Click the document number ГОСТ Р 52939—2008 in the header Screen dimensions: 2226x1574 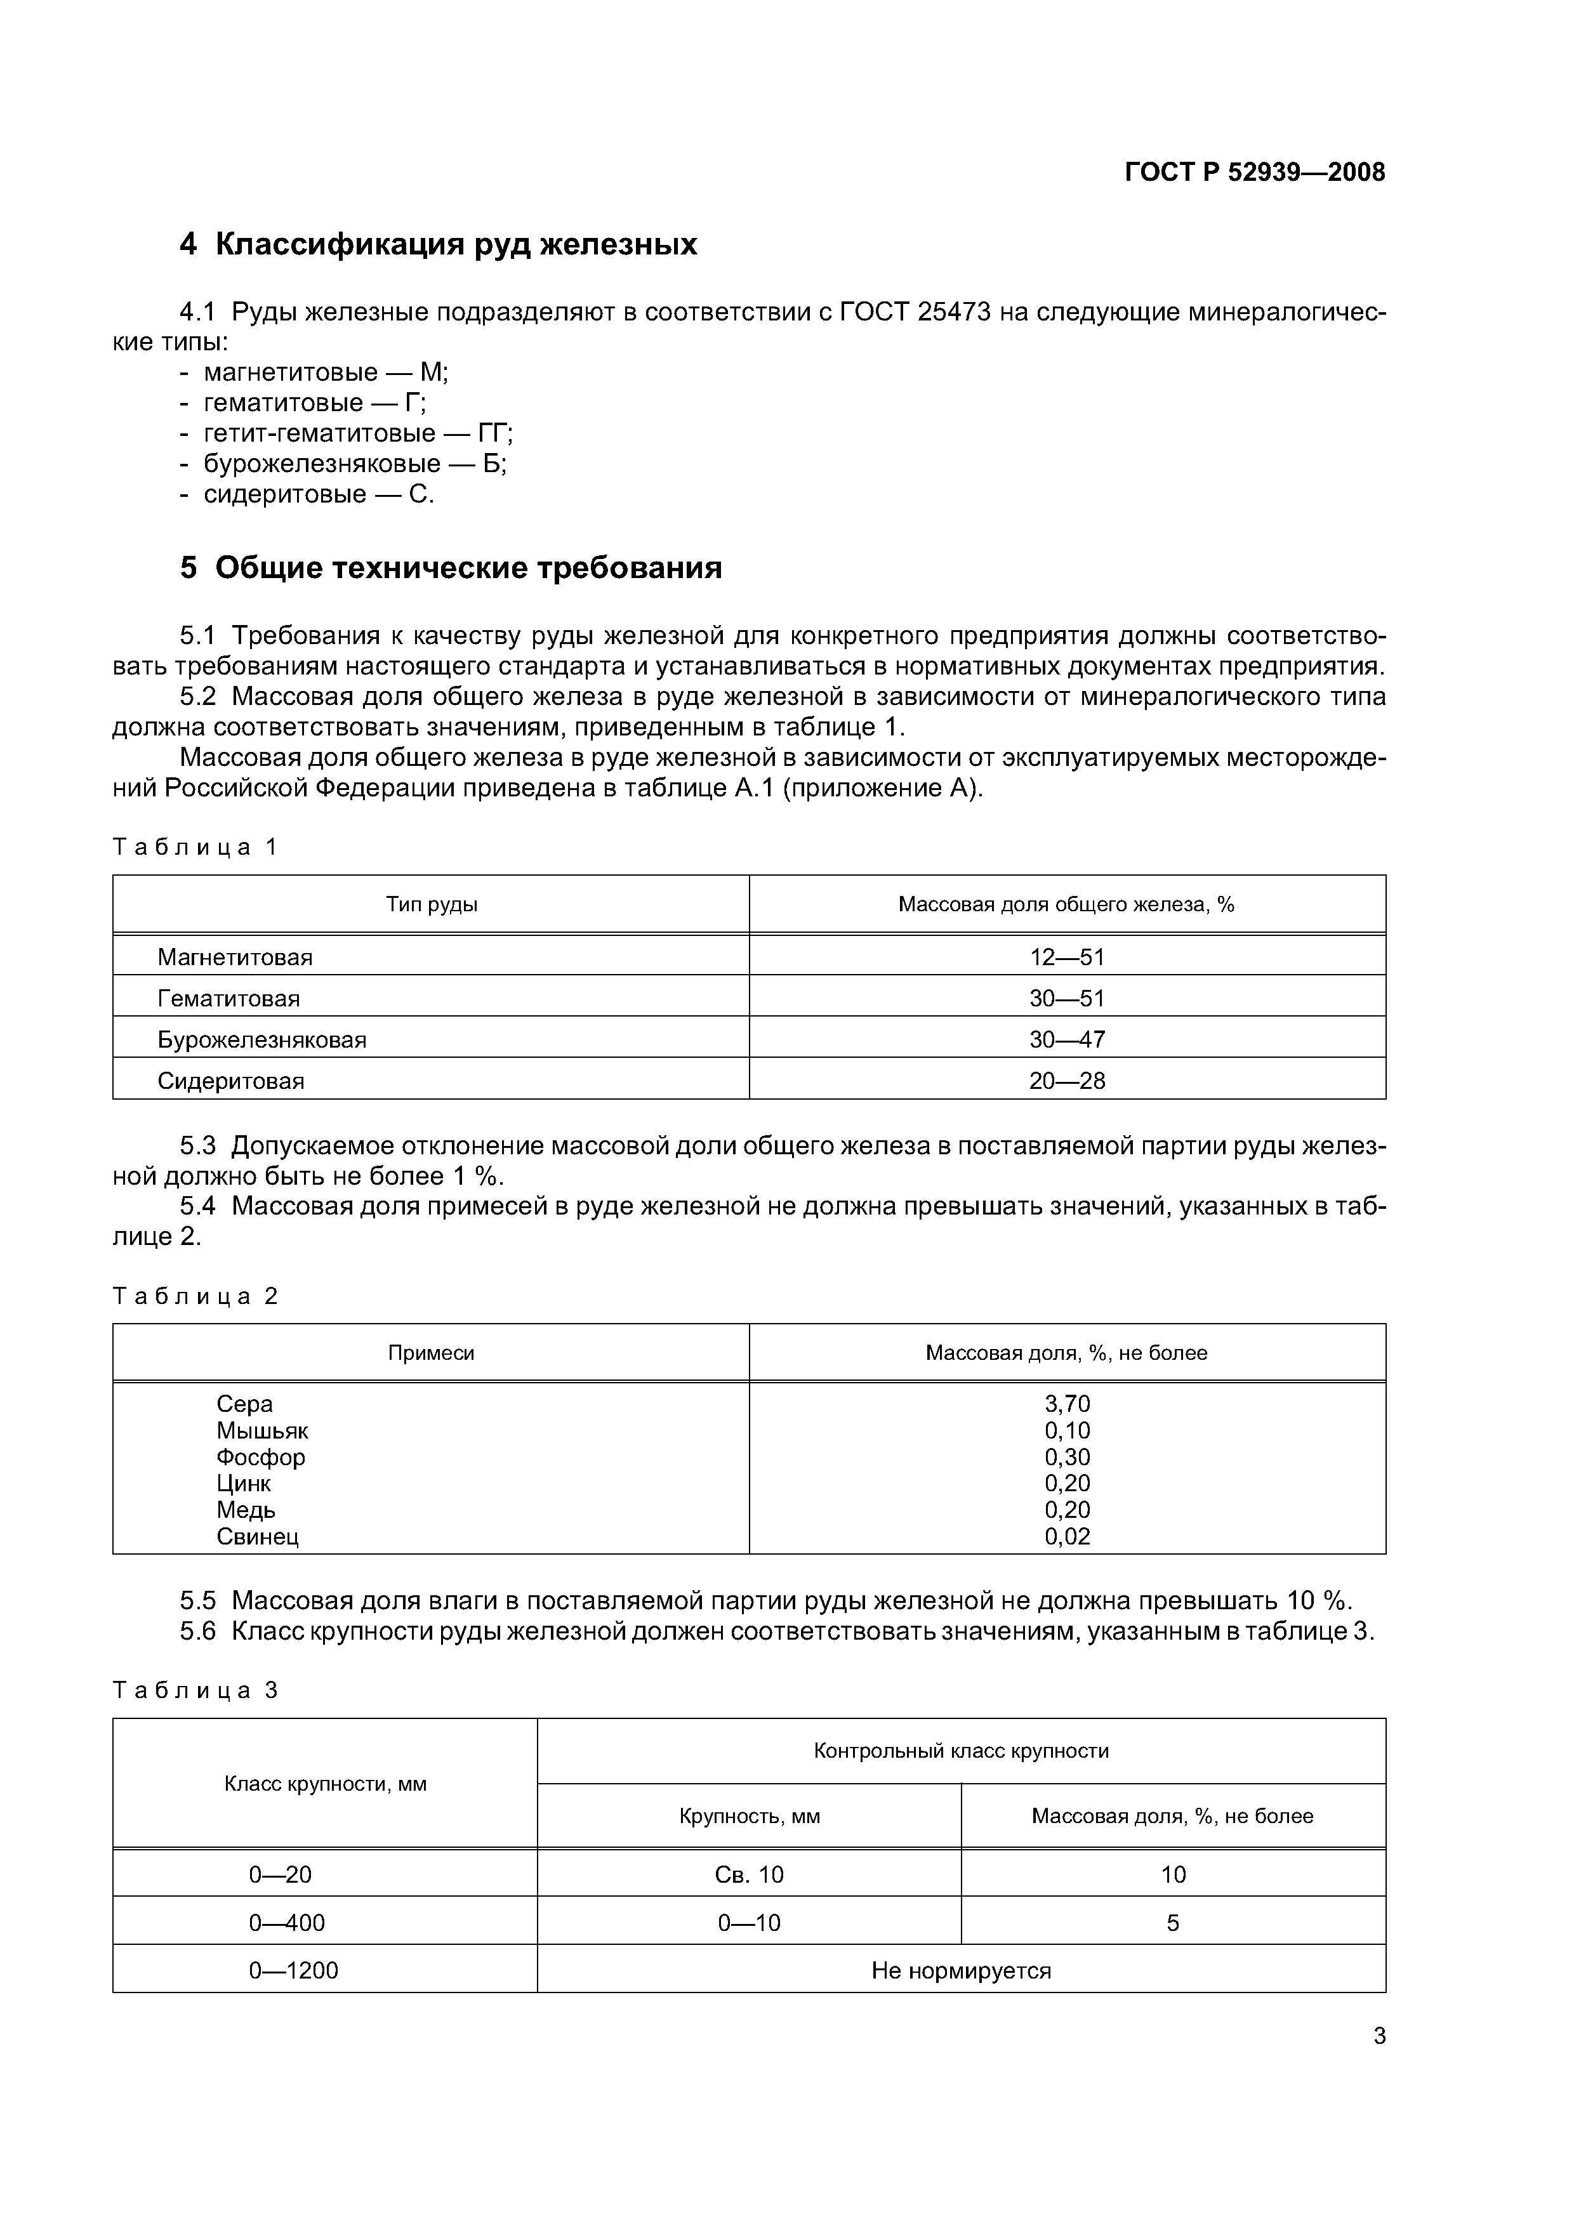[1254, 173]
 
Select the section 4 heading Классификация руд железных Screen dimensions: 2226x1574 [439, 244]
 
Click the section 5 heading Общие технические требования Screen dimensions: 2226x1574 [451, 567]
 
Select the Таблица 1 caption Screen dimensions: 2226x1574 [195, 847]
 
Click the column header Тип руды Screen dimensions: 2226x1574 [432, 905]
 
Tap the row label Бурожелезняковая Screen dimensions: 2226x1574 [262, 1040]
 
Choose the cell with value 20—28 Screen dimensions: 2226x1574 [1067, 1081]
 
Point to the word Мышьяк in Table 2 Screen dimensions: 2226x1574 [262, 1431]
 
